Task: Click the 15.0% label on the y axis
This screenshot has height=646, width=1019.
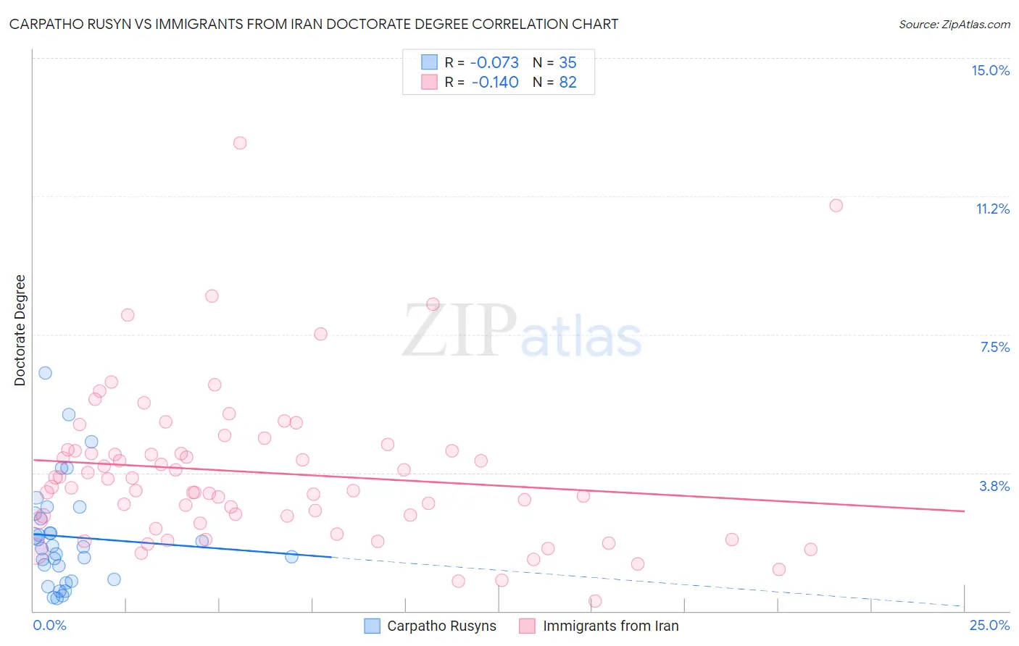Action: click(990, 70)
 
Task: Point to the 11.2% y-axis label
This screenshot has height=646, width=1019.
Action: click(992, 209)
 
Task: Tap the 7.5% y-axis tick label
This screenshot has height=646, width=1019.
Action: click(994, 347)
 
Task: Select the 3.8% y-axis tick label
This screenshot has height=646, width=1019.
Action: click(994, 486)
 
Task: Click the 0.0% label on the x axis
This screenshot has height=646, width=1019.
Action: click(49, 625)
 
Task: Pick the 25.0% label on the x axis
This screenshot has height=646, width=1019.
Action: click(989, 625)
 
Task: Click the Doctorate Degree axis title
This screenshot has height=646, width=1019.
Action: click(20, 330)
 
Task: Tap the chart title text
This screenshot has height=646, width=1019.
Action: click(314, 24)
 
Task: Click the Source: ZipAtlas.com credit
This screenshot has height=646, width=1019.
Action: click(954, 24)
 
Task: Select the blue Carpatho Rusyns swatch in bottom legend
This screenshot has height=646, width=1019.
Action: click(372, 626)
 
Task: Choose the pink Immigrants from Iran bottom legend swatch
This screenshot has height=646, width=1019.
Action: click(528, 626)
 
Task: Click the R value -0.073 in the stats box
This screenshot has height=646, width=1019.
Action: click(495, 62)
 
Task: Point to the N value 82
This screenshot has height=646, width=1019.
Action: click(567, 82)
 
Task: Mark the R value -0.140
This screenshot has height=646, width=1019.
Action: click(495, 82)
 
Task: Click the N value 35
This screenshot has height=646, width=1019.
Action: click(567, 62)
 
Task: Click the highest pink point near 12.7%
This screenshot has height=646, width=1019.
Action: click(240, 143)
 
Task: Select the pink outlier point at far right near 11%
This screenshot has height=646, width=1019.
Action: click(836, 206)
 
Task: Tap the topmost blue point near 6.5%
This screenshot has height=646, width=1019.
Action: click(45, 373)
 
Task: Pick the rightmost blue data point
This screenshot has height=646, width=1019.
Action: click(291, 557)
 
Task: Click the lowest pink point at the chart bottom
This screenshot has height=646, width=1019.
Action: click(595, 601)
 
